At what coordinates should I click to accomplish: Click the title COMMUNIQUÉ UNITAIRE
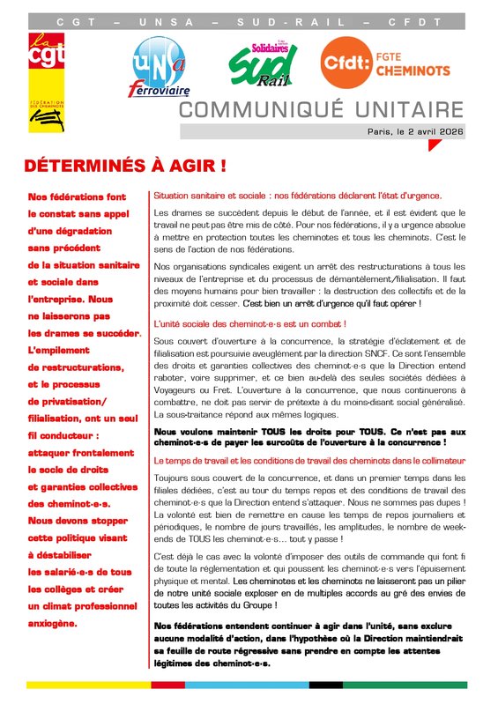(321, 109)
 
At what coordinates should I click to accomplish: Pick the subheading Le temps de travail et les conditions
(311, 461)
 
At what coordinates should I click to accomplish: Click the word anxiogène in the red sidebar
(53, 623)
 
